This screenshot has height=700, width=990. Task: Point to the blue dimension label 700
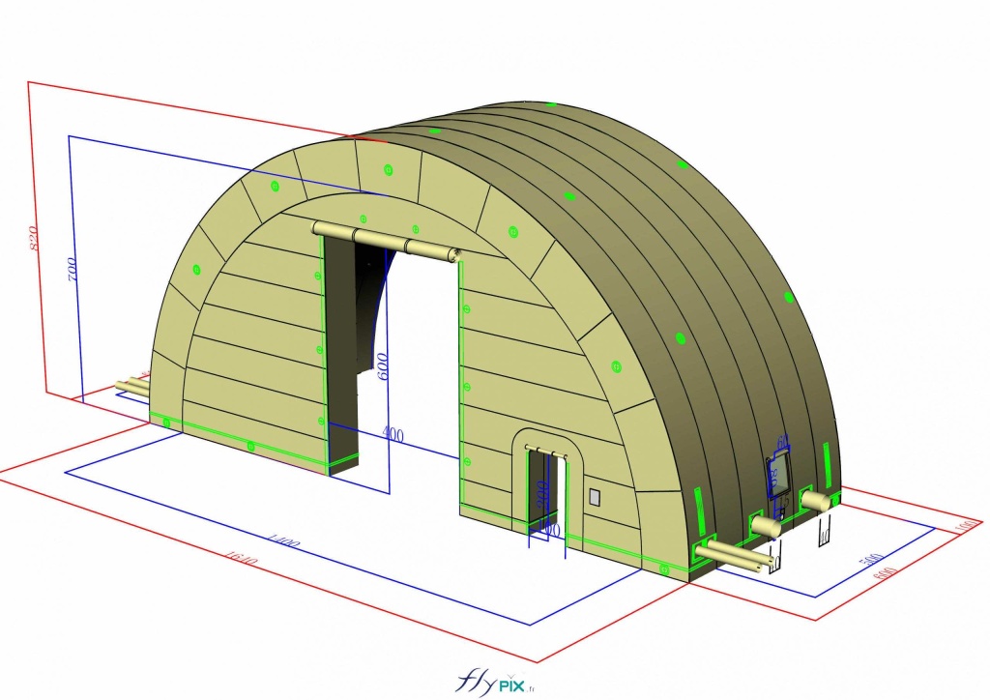tap(73, 267)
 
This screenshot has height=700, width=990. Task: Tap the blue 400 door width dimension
tap(393, 434)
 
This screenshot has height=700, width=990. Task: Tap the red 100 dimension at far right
tap(962, 525)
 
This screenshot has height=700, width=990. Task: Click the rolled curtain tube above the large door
tap(386, 240)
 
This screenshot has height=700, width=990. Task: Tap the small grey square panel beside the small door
tap(595, 497)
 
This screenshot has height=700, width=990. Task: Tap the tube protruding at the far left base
tap(132, 386)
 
